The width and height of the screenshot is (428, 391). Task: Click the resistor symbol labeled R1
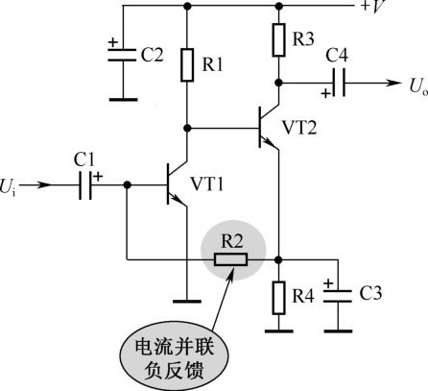187,65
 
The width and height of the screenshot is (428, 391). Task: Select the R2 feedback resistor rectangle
230,259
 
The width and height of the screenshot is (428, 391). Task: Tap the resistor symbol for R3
279,40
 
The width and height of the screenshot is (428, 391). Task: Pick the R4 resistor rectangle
279,298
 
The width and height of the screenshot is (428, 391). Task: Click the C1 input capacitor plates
85,185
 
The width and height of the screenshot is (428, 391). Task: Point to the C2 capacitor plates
122,55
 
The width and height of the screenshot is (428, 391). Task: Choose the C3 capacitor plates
338,296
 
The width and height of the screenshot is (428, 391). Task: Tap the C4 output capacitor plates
339,83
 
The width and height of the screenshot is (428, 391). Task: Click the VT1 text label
207,184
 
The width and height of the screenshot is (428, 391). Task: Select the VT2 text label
299,128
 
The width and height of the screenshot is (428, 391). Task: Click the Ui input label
8,187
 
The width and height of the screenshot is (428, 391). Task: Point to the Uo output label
418,86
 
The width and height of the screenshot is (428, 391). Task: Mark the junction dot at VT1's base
127,185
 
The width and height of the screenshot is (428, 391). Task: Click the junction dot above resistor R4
279,259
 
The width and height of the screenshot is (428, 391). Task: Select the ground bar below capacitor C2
123,100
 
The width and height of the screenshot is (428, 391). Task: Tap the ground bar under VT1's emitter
187,301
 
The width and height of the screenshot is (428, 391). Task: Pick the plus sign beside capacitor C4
326,94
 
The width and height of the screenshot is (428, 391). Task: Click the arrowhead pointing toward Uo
392,83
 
